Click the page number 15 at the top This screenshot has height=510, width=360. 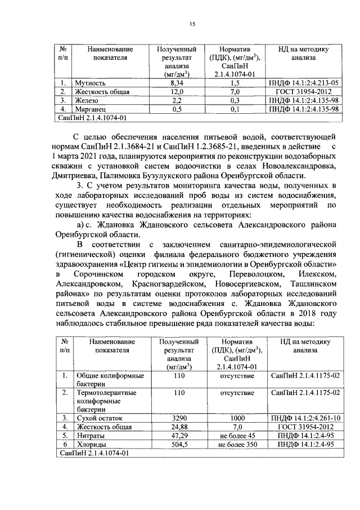pyautogui.click(x=191, y=24)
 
